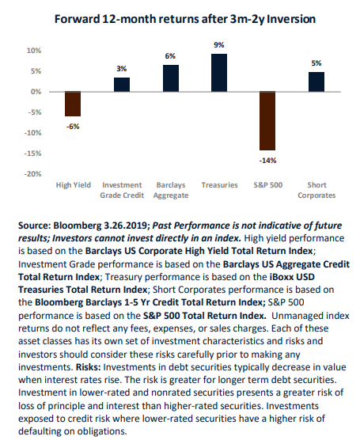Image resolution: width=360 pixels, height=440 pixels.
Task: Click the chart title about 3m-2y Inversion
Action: point(185,19)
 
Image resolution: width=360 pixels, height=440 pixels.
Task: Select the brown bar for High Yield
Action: point(73,104)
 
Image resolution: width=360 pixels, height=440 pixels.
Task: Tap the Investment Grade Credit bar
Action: point(122,85)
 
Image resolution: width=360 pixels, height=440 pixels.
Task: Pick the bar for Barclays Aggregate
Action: point(171,78)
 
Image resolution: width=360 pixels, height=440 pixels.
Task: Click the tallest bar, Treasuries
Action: point(219,73)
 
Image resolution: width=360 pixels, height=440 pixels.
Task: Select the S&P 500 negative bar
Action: point(267,121)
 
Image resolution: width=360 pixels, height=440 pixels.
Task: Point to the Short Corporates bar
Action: point(316,82)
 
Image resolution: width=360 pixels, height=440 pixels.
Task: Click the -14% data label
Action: point(267,161)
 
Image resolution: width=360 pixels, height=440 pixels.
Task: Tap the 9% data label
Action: point(219,45)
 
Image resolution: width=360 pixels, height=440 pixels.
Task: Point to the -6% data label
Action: point(73,127)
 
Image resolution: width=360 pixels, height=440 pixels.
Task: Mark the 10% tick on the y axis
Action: point(34,51)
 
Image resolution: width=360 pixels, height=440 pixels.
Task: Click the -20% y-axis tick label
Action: point(32,174)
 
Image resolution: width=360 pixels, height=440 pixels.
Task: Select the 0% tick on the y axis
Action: point(36,92)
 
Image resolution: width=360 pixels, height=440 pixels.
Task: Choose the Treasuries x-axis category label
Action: point(219,185)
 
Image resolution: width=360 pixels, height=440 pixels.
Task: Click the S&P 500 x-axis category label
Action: point(268,185)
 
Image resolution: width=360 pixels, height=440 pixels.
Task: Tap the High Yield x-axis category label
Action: point(74,185)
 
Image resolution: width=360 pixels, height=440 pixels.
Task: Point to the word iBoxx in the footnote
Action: point(282,277)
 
